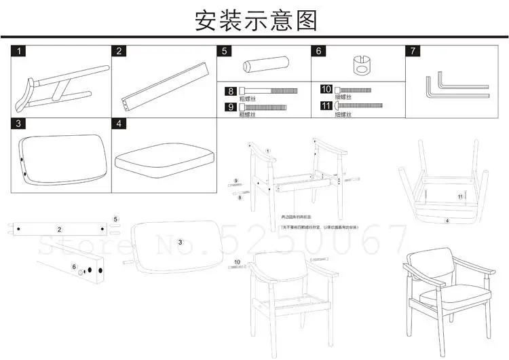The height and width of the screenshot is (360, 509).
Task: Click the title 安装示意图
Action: click(255, 20)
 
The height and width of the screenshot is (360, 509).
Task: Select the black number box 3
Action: click(21, 124)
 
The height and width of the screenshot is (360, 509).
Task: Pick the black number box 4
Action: click(119, 124)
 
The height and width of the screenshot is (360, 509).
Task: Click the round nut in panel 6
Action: click(360, 69)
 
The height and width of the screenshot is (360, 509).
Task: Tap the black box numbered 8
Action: click(231, 90)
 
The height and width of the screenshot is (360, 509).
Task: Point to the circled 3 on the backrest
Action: click(181, 242)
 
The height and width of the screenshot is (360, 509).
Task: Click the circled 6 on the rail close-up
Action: click(74, 267)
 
